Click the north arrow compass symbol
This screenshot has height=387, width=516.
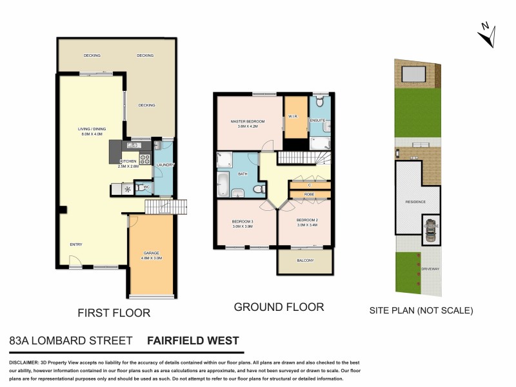(x=487, y=34)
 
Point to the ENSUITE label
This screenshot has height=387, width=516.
(x=317, y=121)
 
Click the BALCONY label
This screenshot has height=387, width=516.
(x=304, y=261)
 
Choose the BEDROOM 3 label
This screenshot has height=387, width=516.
(x=243, y=223)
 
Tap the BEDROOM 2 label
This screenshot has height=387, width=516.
(x=307, y=221)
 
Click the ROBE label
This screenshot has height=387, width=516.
(x=309, y=193)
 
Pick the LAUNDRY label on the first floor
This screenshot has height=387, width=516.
(x=166, y=164)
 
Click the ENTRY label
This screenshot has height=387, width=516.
(x=76, y=244)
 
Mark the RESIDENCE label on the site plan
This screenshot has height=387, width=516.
(x=415, y=202)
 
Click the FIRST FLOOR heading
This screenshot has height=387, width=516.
(x=114, y=313)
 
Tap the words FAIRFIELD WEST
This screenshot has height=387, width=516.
(x=193, y=341)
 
